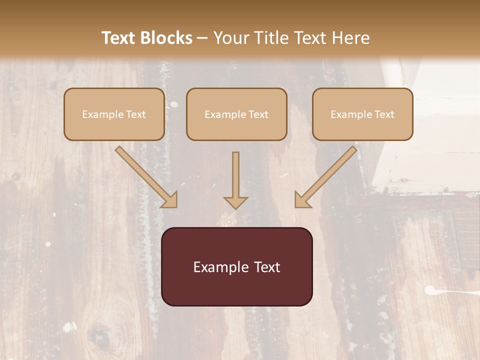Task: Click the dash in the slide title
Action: pyautogui.click(x=202, y=38)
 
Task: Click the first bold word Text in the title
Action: pyautogui.click(x=120, y=38)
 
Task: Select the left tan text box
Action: pyautogui.click(x=114, y=114)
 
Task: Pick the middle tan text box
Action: pyautogui.click(x=236, y=114)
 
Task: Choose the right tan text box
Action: pyautogui.click(x=362, y=114)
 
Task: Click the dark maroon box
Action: pyautogui.click(x=236, y=266)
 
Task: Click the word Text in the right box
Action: pyautogui.click(x=384, y=114)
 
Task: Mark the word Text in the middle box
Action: pyautogui.click(x=258, y=114)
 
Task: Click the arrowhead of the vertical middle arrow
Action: pyautogui.click(x=235, y=202)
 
